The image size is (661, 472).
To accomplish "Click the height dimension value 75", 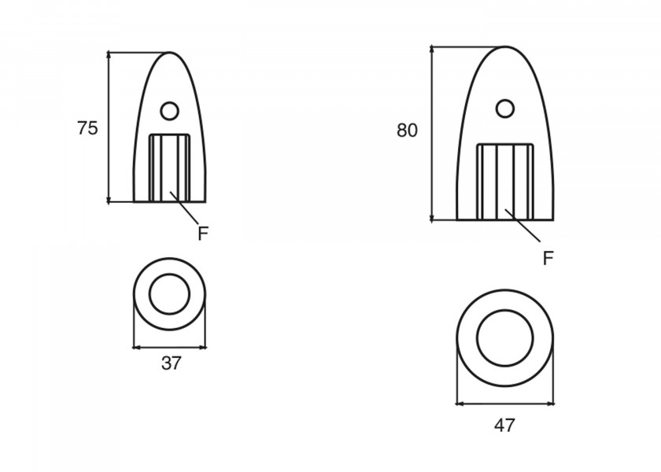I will tap(87, 128).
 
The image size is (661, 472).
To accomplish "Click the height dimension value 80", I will tap(407, 131).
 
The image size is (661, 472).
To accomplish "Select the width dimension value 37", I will tap(171, 363).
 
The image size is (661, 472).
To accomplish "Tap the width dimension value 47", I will tap(504, 426).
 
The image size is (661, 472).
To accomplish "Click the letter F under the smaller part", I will tap(203, 234).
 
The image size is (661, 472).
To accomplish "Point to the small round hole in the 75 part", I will tap(169, 111).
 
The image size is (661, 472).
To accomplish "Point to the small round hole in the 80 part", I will tap(504, 107).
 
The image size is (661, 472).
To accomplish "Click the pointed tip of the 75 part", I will tap(170, 53).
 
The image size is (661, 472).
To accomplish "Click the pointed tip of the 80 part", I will tap(504, 47).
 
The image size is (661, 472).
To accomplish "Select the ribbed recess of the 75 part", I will tap(170, 167).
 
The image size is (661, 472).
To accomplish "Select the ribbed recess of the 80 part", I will tap(505, 181).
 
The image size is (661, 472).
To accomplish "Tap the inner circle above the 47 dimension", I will tap(504, 337).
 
